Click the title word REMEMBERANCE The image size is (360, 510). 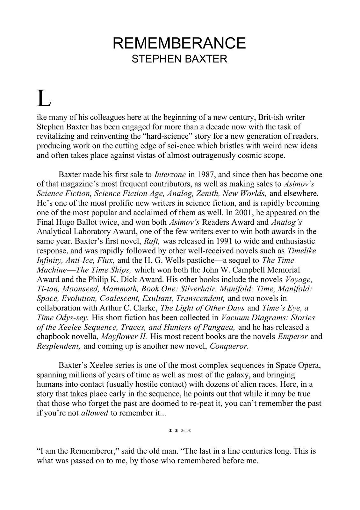click(x=179, y=43)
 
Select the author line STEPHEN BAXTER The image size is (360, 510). click(x=179, y=59)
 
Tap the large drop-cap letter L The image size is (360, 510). click(x=44, y=99)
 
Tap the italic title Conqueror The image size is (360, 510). click(x=229, y=346)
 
